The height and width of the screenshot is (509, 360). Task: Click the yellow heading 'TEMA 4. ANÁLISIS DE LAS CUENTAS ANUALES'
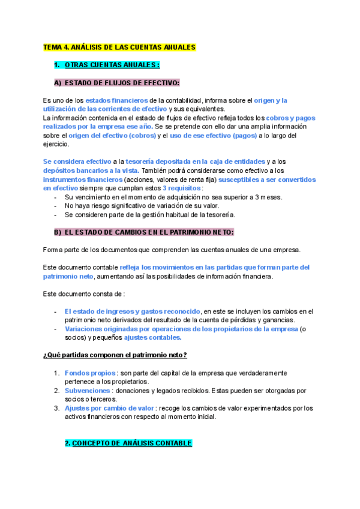click(x=119, y=47)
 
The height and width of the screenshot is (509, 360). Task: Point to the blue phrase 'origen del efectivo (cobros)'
click(x=111, y=136)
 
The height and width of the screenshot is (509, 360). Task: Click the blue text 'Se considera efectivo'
click(x=77, y=162)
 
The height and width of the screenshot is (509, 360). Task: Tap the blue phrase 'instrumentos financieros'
click(x=81, y=179)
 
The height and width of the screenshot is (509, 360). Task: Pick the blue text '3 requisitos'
click(x=182, y=188)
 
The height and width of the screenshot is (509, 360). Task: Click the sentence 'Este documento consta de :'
click(x=84, y=294)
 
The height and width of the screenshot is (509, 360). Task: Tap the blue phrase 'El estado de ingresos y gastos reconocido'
click(x=132, y=312)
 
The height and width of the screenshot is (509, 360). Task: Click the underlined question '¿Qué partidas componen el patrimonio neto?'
click(x=115, y=355)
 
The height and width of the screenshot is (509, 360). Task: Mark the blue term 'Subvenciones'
click(x=87, y=391)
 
